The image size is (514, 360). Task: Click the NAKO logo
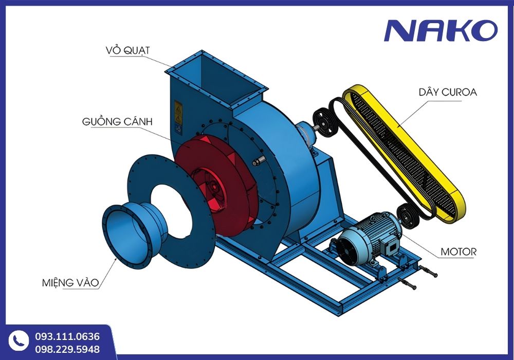point(440,30)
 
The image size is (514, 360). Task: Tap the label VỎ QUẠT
point(127,50)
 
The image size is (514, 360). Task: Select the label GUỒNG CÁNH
point(117,121)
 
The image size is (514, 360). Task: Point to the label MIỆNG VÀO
point(70,282)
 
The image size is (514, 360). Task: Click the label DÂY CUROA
point(448,92)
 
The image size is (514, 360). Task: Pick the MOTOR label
point(458,252)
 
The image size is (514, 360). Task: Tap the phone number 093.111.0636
point(67,336)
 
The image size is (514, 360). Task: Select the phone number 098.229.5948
point(67,349)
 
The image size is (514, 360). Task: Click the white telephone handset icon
point(19,341)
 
